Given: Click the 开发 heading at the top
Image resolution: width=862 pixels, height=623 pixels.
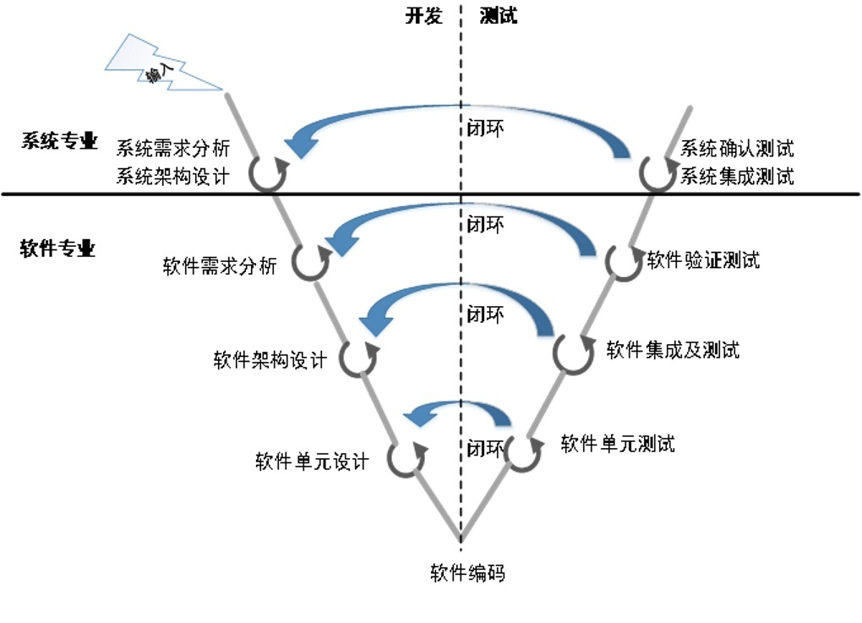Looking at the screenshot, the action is click(x=424, y=15).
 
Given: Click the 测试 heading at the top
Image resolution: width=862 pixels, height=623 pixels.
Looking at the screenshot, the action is click(x=498, y=15).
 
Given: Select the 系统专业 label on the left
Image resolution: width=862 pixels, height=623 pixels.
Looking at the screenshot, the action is click(x=59, y=141).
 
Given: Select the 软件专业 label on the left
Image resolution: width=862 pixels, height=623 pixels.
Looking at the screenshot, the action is click(x=57, y=249).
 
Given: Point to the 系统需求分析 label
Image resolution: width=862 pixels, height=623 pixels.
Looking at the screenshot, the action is click(x=173, y=148).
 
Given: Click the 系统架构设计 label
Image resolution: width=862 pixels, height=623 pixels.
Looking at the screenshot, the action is click(x=173, y=177).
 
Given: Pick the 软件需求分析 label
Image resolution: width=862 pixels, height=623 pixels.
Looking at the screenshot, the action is click(x=220, y=266).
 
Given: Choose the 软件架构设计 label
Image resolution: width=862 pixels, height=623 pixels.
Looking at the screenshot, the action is click(x=270, y=360).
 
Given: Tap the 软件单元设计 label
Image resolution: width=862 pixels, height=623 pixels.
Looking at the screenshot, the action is click(x=312, y=462).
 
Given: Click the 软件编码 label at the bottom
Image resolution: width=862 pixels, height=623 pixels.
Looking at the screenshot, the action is click(x=468, y=573).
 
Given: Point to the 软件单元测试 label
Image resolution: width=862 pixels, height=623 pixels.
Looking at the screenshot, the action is click(x=618, y=444).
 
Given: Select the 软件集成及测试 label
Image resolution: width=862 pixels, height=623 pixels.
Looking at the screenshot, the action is click(x=673, y=350).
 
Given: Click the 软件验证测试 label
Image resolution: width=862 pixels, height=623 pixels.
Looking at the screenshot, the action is click(x=703, y=260).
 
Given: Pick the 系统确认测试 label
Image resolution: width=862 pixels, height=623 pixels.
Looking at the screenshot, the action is click(x=737, y=148).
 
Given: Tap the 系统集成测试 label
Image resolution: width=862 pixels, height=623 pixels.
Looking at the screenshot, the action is click(x=737, y=177).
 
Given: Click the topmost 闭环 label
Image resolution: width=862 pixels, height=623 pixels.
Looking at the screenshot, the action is click(x=485, y=128).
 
